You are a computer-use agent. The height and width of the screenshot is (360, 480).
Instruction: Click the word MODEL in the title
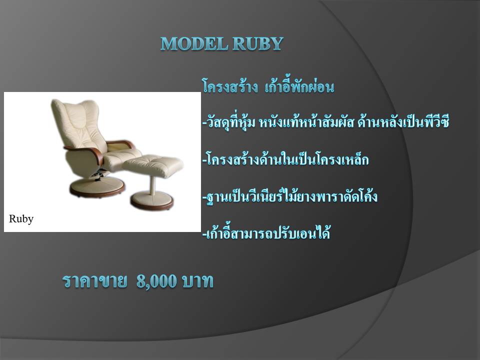point(194,43)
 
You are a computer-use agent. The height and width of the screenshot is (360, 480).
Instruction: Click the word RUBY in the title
point(258,43)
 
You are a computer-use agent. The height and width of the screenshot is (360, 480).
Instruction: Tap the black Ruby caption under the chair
point(21,219)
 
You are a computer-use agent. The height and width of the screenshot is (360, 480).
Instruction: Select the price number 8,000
point(156,280)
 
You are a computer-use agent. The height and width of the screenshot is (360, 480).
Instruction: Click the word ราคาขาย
point(94,281)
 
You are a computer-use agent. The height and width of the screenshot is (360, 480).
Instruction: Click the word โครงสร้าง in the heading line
point(229,87)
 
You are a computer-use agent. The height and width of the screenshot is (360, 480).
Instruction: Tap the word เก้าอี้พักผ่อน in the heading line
point(299,86)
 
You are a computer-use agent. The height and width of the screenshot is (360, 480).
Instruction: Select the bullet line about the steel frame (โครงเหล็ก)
point(285,159)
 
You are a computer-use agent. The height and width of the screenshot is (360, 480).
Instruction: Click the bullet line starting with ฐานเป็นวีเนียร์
point(290,196)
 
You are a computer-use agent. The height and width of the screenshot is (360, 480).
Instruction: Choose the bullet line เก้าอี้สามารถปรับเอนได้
point(266,232)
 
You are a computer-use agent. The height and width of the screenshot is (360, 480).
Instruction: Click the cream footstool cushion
point(153,165)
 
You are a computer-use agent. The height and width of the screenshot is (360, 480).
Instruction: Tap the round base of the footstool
point(152,200)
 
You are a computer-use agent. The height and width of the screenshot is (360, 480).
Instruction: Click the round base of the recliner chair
point(97,186)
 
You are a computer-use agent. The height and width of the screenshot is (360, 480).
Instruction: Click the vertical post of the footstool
point(152,184)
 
